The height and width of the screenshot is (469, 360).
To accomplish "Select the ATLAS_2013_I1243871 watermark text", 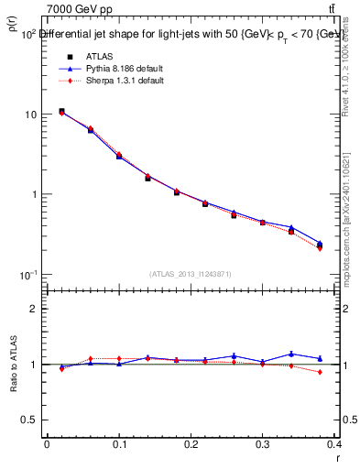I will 191,274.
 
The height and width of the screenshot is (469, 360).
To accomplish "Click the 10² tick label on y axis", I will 27,34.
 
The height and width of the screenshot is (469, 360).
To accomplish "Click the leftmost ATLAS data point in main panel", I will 61,111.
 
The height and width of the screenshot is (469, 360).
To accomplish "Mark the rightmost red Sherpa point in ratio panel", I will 320,372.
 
